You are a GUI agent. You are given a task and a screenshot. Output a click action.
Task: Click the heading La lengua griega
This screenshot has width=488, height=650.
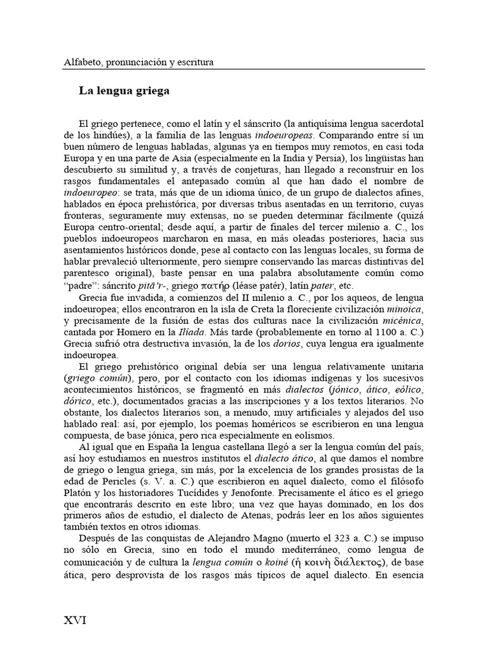(124, 91)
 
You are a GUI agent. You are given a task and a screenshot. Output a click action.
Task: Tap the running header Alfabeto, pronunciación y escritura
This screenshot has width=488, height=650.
(139, 62)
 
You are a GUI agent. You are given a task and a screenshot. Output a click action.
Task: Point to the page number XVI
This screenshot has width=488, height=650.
(75, 620)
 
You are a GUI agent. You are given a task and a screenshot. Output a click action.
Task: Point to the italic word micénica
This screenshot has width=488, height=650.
(402, 321)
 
